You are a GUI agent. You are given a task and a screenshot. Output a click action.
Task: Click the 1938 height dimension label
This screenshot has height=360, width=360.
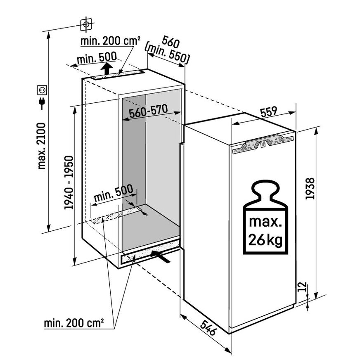[x=310, y=189]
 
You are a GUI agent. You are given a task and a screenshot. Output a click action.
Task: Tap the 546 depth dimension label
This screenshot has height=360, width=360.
[x=208, y=328]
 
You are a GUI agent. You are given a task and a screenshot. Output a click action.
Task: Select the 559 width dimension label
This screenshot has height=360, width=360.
[x=269, y=112]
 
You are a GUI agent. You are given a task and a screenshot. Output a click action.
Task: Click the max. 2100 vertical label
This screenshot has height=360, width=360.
[x=42, y=146]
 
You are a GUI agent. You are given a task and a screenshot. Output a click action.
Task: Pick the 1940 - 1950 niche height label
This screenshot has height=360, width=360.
[x=69, y=182]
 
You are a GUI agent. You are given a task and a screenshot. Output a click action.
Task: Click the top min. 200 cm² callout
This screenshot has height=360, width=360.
[x=110, y=41]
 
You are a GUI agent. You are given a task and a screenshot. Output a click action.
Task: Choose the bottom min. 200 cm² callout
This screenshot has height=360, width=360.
[x=74, y=323]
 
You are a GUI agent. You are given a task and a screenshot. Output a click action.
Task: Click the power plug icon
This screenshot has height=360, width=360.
[x=42, y=103]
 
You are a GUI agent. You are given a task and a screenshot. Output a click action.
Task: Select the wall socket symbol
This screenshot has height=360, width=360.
[x=42, y=90]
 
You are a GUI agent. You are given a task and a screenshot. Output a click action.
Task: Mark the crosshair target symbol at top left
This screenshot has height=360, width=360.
[x=86, y=24]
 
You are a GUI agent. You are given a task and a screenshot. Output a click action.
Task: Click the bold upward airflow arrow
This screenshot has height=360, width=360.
[x=107, y=68]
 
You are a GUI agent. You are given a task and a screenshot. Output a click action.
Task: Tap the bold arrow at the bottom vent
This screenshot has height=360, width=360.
[x=161, y=257]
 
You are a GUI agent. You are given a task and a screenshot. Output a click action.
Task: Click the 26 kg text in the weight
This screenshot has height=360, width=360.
[x=265, y=240]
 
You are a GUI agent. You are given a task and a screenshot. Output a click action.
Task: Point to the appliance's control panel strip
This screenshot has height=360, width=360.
[x=263, y=144]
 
